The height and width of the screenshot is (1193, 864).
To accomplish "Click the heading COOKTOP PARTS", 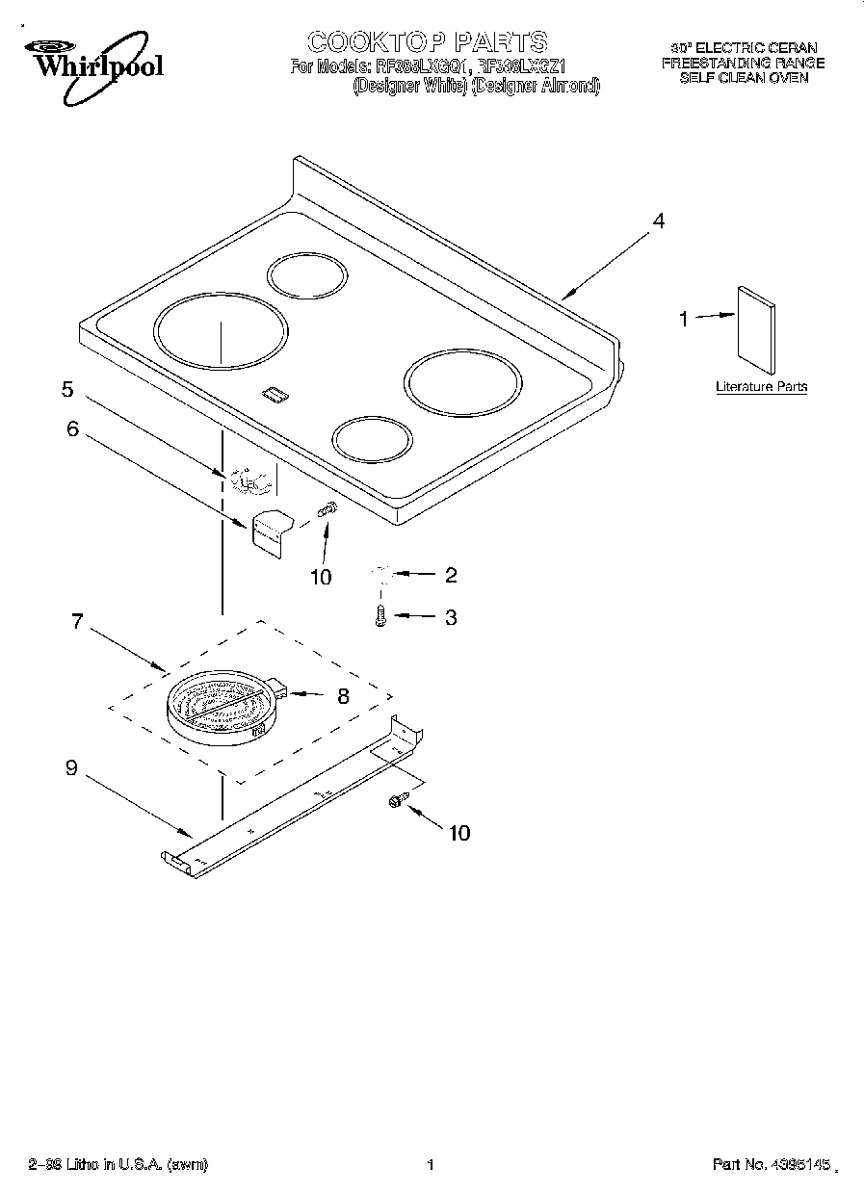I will point(427,41).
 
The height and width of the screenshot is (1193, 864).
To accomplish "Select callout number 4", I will point(658,221).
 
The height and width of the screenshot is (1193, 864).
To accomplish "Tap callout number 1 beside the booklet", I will point(684,319).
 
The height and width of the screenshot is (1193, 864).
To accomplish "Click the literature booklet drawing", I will point(756,330).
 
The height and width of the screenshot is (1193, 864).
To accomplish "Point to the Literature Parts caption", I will point(761,387).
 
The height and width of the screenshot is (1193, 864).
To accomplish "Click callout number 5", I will point(67,389).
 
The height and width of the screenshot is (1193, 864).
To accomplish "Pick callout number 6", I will point(72,429).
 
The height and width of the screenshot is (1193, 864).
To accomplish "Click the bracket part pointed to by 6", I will point(270,531).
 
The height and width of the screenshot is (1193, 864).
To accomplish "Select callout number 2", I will point(450,576).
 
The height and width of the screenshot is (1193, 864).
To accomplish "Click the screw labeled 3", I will point(381,616).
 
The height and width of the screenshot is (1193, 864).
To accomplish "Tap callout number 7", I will point(77,621).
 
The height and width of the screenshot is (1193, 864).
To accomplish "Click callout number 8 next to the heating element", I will point(343,695).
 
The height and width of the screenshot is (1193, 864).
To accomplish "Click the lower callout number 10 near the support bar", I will point(459,833).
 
